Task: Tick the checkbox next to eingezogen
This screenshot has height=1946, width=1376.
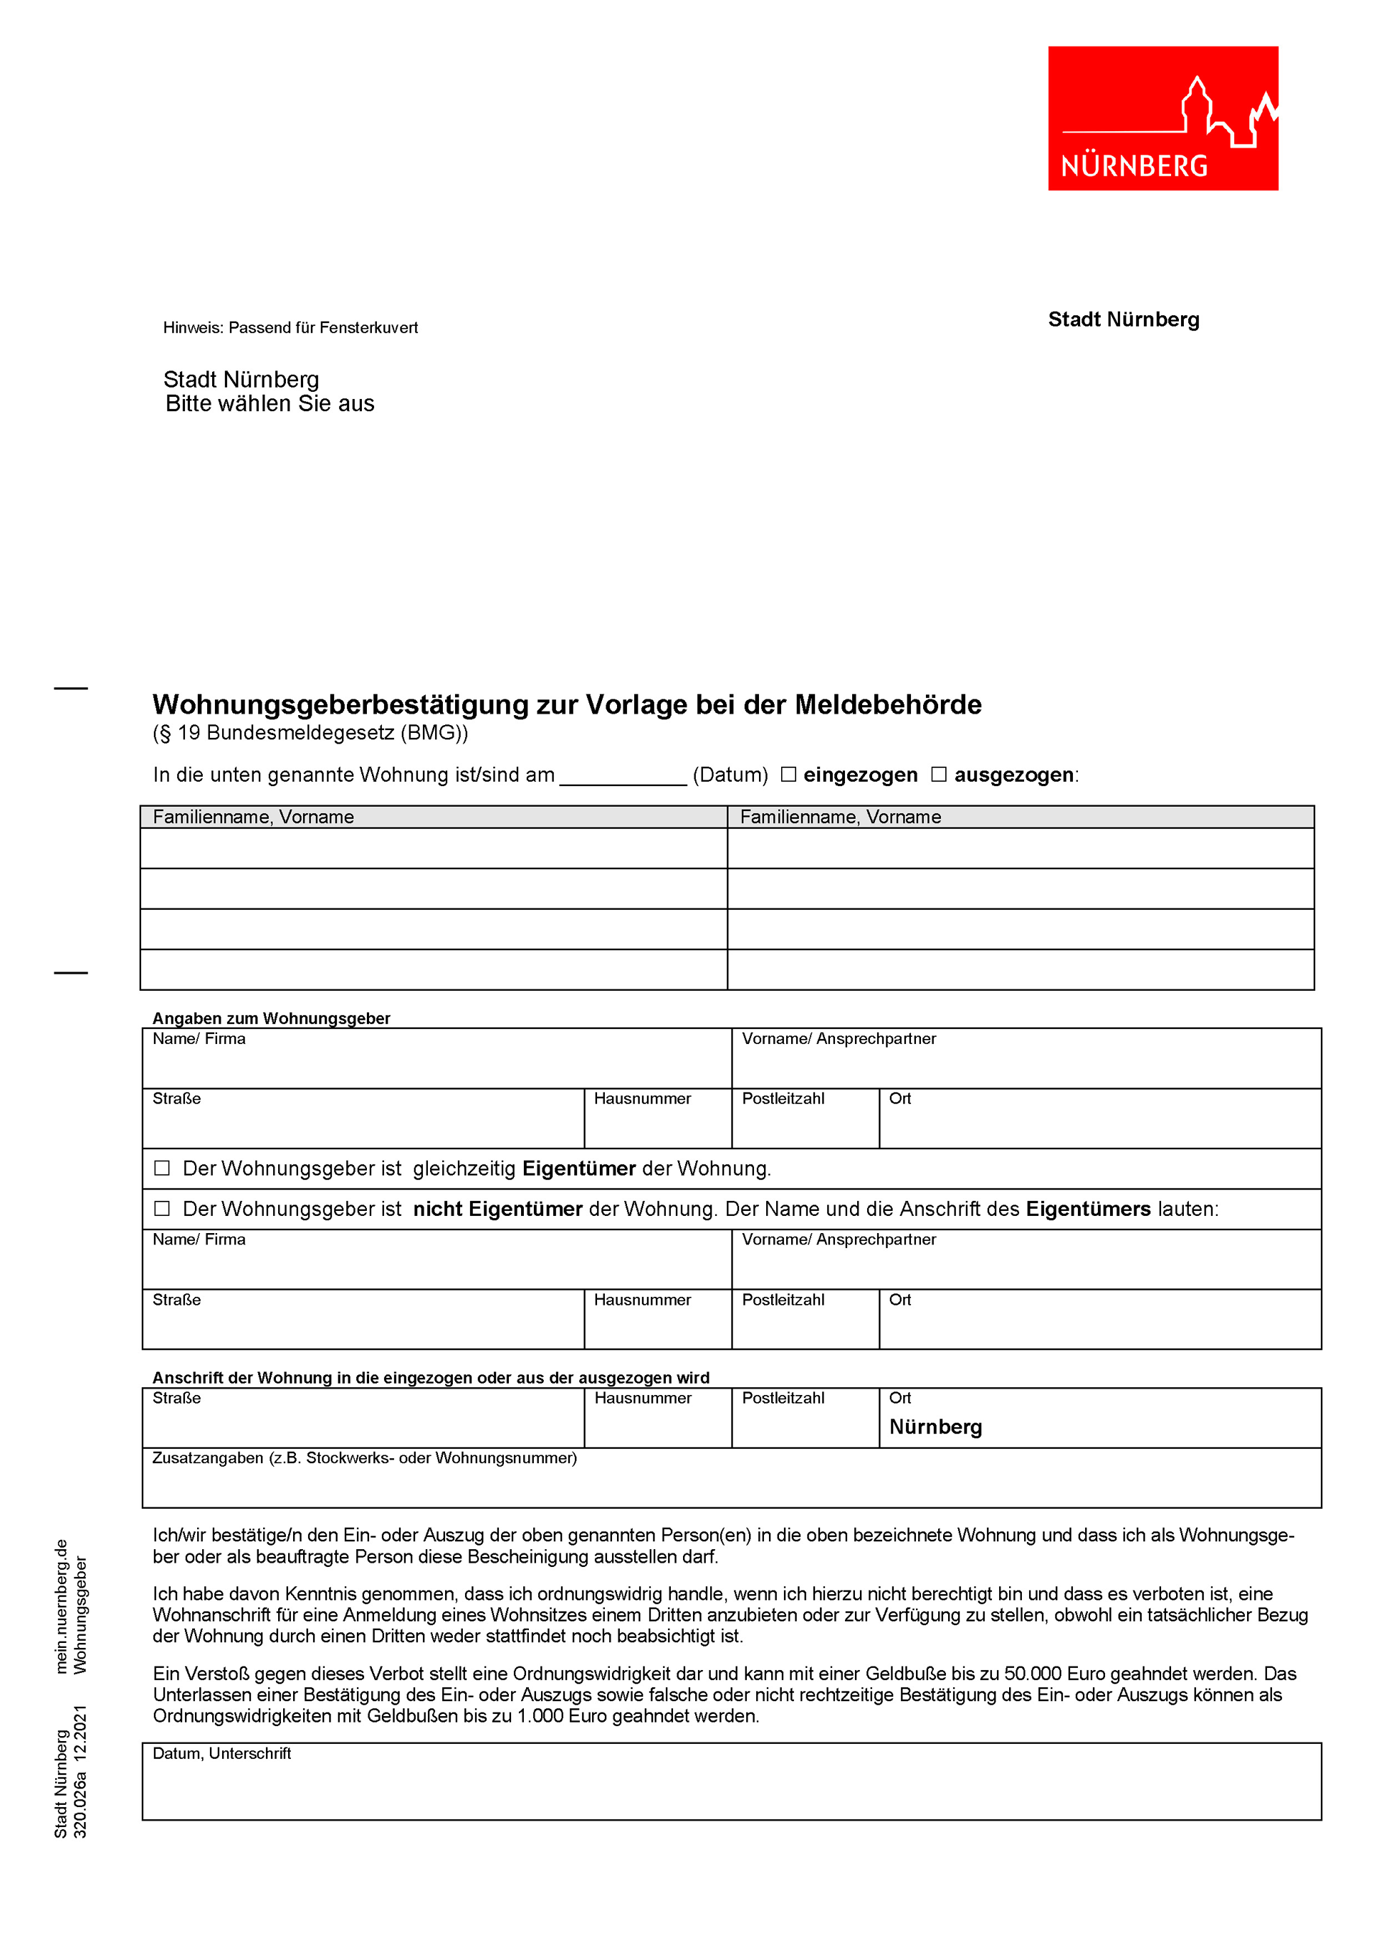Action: pos(788,774)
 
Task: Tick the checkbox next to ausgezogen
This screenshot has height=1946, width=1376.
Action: pos(939,774)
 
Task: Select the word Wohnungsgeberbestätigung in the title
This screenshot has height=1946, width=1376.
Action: pos(340,704)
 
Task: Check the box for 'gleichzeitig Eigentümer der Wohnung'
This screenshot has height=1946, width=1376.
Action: pos(162,1168)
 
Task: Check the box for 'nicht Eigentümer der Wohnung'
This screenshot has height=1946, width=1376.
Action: pos(162,1209)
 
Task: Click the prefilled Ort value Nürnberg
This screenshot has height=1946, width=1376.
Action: pos(935,1427)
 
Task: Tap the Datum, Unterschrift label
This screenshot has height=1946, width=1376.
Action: pos(221,1753)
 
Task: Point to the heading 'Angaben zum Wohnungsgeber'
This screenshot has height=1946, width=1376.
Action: pos(272,1018)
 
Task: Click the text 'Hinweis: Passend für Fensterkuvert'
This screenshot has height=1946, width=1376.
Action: pos(290,328)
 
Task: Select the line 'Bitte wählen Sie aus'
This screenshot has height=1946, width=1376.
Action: pos(269,403)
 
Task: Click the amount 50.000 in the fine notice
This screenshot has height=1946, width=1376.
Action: pos(1032,1674)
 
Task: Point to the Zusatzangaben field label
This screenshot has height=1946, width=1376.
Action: pos(365,1458)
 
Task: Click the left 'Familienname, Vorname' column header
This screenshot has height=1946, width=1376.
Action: pos(254,817)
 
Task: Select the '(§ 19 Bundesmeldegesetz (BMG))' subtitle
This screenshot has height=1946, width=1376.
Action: pos(310,732)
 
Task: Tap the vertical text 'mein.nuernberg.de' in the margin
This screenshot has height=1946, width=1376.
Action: pos(61,1606)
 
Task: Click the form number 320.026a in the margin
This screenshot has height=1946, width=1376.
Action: pos(80,1806)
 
